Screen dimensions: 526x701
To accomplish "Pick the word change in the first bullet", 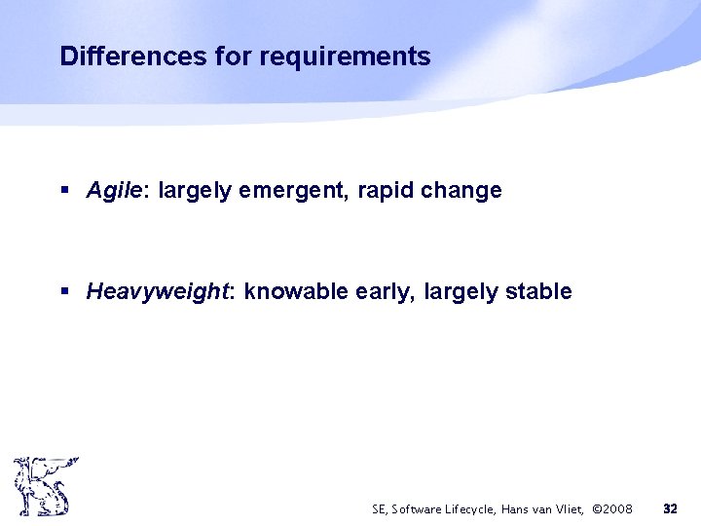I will coord(461,191).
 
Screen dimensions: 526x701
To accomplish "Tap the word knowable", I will coord(289,291).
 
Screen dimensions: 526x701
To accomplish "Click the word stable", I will coord(538,291).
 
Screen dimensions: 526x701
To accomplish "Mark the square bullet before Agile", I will coord(65,191).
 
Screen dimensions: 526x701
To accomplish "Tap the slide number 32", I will coord(670,508).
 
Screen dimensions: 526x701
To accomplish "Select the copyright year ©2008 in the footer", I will coord(612,509).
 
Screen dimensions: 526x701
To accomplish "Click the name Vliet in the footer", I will coord(570,509).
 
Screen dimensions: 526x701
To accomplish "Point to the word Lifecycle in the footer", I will coord(468,509).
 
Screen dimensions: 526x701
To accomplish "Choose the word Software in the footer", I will coord(414,509).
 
